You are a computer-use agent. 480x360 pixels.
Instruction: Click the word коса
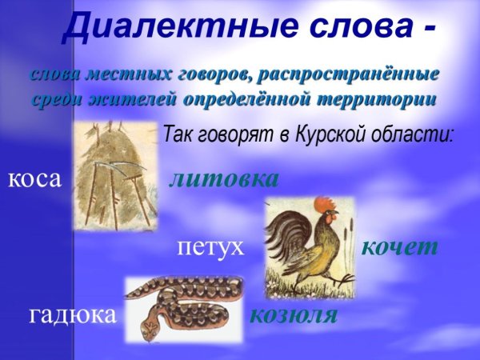(x=34, y=178)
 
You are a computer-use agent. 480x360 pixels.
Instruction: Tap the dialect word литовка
(x=223, y=178)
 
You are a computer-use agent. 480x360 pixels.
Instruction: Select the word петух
(x=210, y=246)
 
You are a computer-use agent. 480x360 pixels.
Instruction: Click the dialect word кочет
(x=400, y=246)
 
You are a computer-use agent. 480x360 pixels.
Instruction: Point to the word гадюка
(x=73, y=314)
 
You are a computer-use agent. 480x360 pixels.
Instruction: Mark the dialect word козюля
(x=294, y=314)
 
